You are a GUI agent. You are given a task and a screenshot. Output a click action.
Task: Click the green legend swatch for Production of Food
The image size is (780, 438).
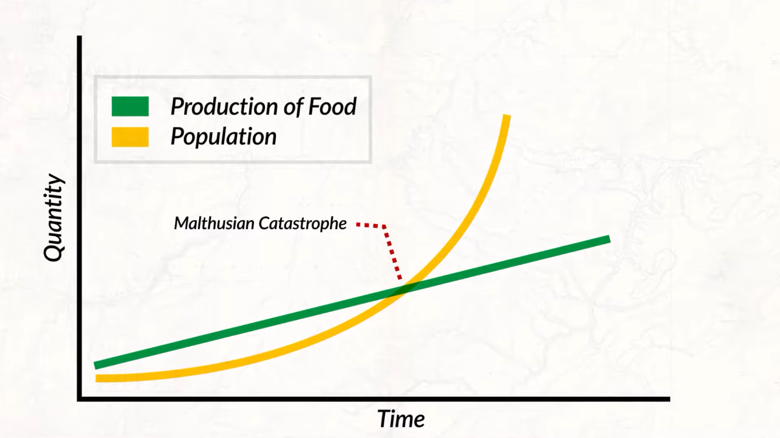130,106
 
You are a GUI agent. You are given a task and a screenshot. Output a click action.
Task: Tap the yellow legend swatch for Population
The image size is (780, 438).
130,137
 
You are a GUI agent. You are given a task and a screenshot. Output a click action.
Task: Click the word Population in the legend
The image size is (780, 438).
224,137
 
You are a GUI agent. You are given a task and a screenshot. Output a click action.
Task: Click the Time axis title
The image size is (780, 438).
401,419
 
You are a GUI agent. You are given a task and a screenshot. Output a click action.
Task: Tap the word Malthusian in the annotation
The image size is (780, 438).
214,223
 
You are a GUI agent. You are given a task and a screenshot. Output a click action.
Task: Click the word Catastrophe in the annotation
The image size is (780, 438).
303,223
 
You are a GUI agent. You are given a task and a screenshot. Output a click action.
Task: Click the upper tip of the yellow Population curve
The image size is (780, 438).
507,117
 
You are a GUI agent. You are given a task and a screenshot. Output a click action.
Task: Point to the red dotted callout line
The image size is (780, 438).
392,252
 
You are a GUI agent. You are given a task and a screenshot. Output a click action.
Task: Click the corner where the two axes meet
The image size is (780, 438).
79,399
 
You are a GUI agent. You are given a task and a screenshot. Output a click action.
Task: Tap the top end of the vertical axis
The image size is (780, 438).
79,38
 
